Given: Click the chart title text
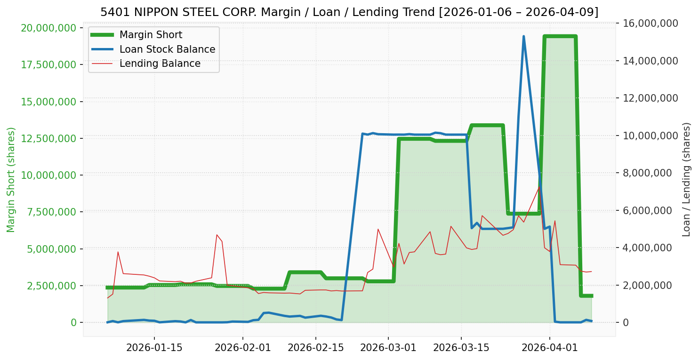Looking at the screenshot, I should click(349, 12).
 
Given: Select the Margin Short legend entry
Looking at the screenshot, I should click(151, 35).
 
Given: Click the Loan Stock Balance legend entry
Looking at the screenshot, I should click(167, 49).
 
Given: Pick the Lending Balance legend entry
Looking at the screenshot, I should click(160, 64).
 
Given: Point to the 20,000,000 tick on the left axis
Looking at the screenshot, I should click(48, 28).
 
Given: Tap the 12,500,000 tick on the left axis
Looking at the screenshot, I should click(48, 138).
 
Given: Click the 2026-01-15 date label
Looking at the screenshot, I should click(154, 348).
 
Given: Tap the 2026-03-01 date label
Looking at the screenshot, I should click(388, 348).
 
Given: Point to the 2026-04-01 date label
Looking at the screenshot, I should click(549, 348).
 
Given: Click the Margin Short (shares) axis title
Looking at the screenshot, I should click(11, 180).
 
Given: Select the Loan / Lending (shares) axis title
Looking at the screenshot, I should click(686, 180).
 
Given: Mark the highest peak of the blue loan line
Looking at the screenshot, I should click(523, 36).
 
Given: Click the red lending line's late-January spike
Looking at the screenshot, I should click(217, 234).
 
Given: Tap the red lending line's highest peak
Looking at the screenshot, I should click(539, 186).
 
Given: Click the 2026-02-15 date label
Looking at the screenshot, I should click(315, 348).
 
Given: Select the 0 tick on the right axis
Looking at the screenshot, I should click(625, 323).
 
